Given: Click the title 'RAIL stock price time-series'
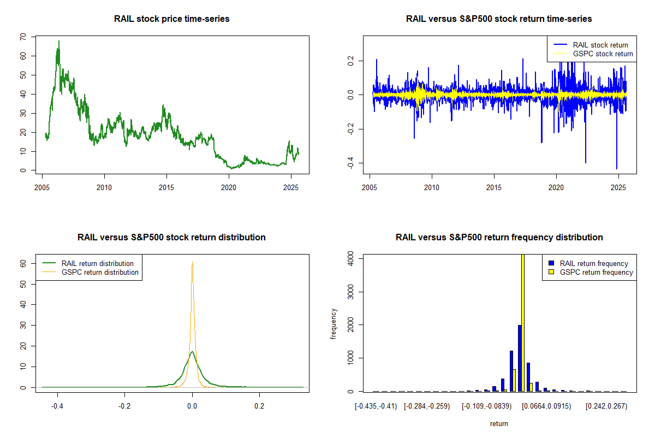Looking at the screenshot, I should [x=171, y=19].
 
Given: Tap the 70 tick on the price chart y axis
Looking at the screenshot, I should [x=22, y=37].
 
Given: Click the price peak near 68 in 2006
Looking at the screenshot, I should [x=59, y=41].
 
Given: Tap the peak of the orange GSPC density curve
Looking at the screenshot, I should [x=192, y=263].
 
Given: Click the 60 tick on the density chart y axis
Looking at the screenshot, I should [x=22, y=263].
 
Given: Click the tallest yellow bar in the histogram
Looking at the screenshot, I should [x=523, y=322].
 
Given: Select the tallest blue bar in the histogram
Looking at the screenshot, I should [x=520, y=358].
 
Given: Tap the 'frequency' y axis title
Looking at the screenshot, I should [x=334, y=324].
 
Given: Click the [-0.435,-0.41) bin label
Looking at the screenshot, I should [x=376, y=406].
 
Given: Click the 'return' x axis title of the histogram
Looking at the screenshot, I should [x=499, y=423].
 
